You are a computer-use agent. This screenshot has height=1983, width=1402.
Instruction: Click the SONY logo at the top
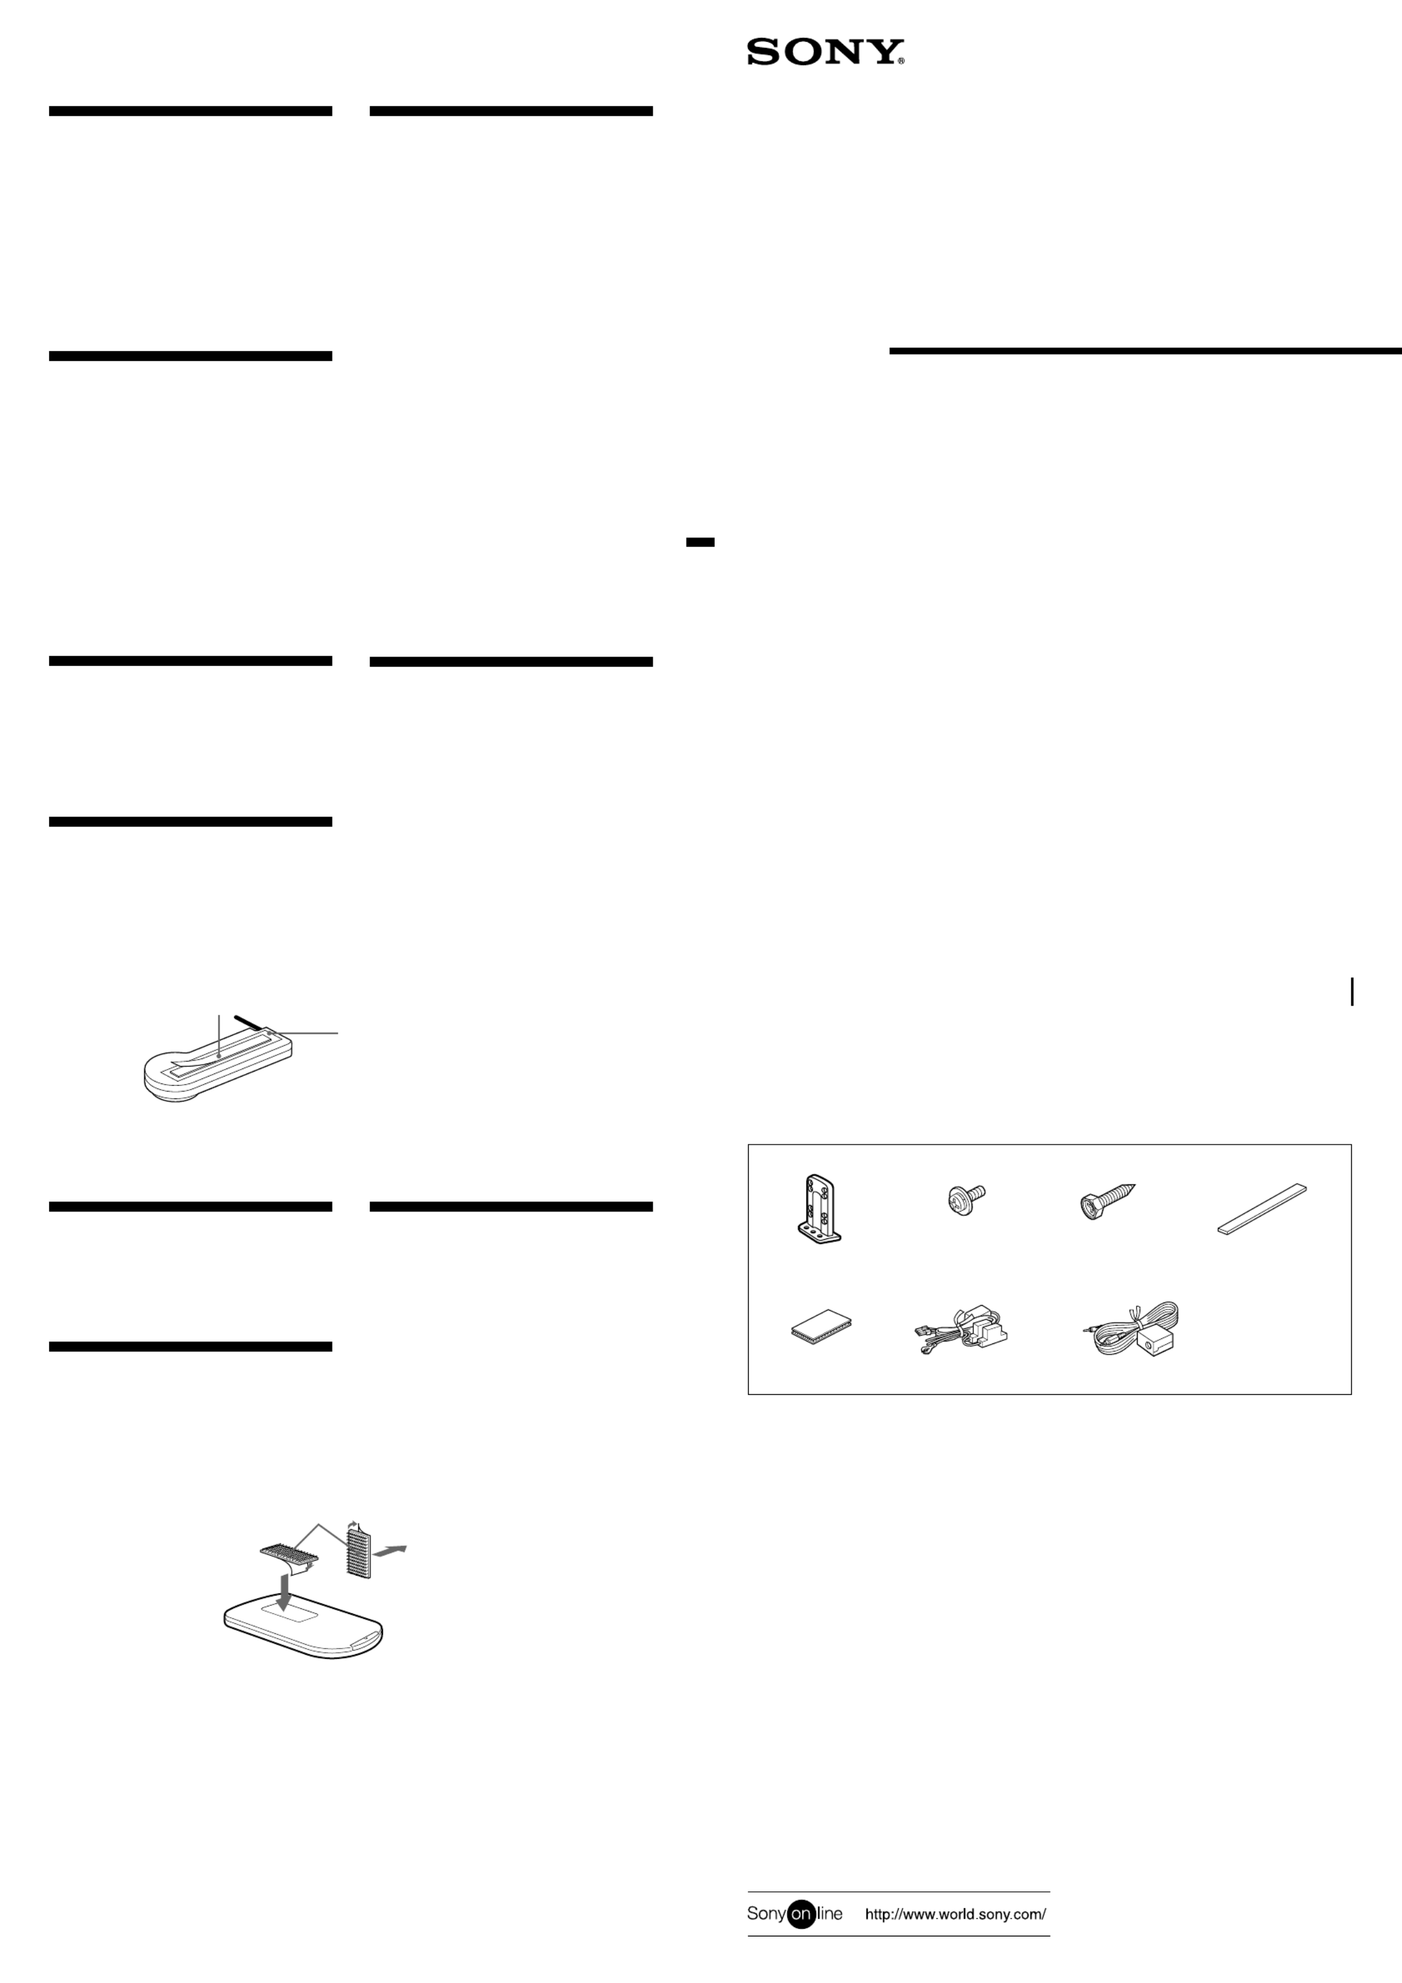[825, 52]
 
